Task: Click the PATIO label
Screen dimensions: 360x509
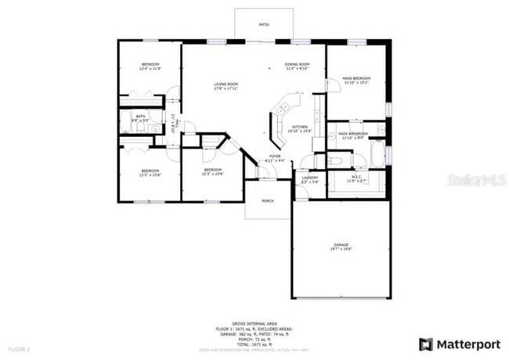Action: coord(264,25)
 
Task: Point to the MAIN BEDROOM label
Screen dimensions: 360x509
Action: coord(356,78)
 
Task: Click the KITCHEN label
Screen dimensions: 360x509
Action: coord(300,127)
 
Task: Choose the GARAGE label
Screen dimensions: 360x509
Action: coord(341,245)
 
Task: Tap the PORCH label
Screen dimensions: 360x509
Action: coord(268,200)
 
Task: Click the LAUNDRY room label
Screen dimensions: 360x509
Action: coord(309,178)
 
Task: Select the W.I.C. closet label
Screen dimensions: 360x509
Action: coord(356,177)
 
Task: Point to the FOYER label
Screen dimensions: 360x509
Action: coord(275,156)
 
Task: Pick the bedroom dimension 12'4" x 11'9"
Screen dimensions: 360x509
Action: coord(150,69)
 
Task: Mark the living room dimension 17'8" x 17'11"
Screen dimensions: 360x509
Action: coord(226,88)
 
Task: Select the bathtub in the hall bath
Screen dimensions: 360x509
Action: coord(126,122)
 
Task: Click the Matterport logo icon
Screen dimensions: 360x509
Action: coord(425,343)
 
